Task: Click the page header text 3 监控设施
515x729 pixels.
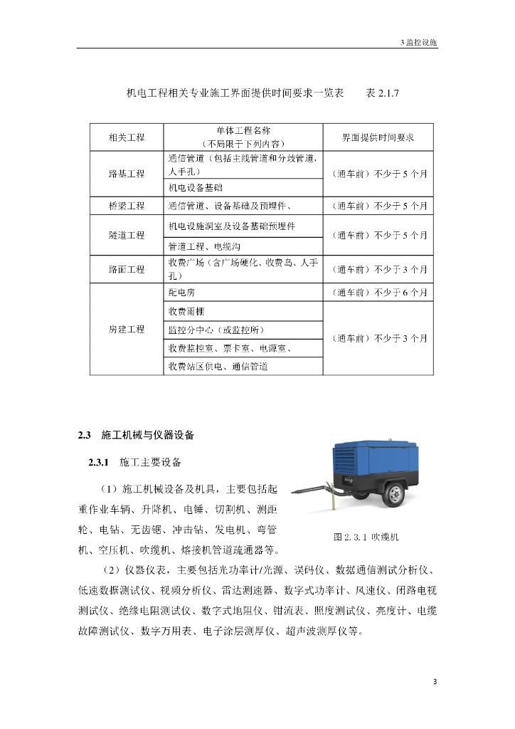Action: (x=419, y=42)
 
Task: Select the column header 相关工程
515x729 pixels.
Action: (x=127, y=137)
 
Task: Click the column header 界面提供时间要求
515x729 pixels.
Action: (x=378, y=137)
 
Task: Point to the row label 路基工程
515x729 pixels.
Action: (x=127, y=173)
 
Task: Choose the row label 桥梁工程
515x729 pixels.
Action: (x=127, y=206)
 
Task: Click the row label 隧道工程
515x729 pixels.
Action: (x=127, y=235)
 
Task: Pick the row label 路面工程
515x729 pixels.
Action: (x=127, y=270)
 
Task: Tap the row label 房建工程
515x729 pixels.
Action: (x=127, y=329)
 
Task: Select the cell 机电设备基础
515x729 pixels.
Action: (x=196, y=187)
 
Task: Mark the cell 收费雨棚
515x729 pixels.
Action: (x=186, y=311)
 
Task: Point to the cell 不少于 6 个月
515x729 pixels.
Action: (x=378, y=293)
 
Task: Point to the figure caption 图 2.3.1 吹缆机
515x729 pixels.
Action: (x=366, y=537)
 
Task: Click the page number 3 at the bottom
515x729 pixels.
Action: (x=435, y=682)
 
